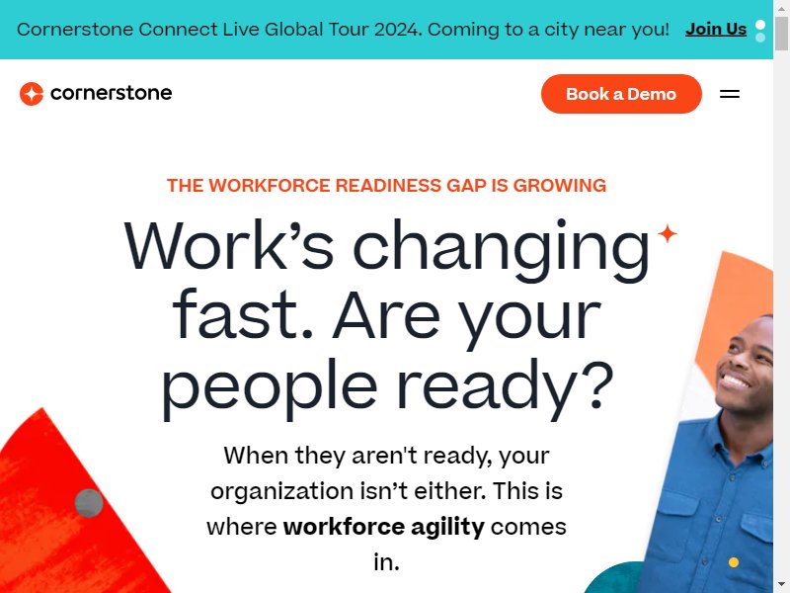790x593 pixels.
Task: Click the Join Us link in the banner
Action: click(715, 30)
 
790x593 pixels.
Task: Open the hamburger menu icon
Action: click(730, 94)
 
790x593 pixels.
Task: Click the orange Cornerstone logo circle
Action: click(32, 94)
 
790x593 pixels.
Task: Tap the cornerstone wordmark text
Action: click(112, 93)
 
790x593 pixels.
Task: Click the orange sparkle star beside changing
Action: click(668, 233)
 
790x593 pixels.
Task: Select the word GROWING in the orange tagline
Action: click(559, 186)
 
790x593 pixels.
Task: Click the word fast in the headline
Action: click(243, 315)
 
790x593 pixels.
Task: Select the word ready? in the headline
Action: click(506, 385)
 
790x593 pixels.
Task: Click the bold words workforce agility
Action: click(384, 527)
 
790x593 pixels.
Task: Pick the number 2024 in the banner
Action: click(397, 30)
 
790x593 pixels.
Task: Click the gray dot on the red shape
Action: click(89, 503)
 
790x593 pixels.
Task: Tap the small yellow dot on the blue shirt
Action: click(734, 561)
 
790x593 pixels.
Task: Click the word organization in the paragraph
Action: click(282, 491)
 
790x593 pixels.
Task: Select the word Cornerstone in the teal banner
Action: click(75, 30)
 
